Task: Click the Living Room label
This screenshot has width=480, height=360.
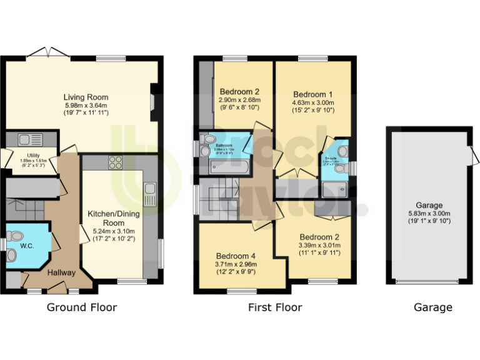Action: click(86, 97)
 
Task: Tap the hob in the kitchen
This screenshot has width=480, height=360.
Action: click(116, 162)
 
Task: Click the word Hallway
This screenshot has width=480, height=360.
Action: click(61, 272)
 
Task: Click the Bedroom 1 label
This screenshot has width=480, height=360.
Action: click(313, 94)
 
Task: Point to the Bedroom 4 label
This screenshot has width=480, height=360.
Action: click(236, 256)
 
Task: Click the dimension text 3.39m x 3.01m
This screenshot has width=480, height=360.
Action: click(319, 246)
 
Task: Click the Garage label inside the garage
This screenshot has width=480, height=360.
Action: click(429, 205)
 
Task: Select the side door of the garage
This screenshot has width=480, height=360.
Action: click(474, 153)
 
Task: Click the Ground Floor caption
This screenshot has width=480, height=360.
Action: click(82, 307)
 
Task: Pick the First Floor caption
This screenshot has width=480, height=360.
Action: click(275, 307)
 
